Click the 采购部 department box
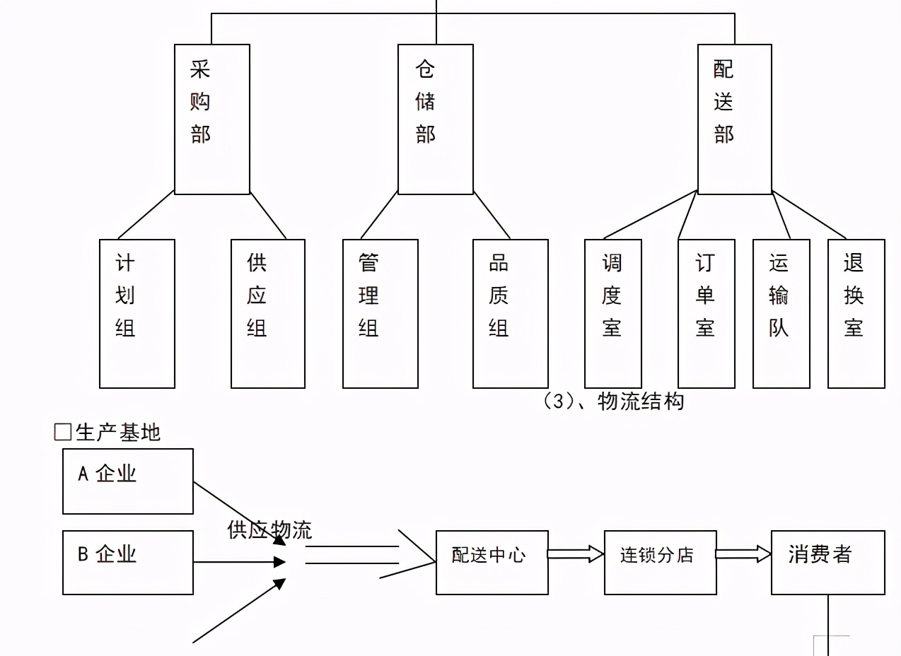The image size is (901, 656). (x=211, y=119)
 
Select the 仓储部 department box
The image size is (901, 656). (x=435, y=119)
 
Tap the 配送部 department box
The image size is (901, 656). (x=734, y=119)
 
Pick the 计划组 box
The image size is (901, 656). (x=136, y=313)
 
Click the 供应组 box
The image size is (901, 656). (x=267, y=313)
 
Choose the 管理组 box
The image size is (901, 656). (x=380, y=313)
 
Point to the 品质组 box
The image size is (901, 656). (x=510, y=313)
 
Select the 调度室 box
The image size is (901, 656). (x=612, y=313)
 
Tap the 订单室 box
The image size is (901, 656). (x=706, y=313)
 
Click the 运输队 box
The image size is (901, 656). (x=781, y=313)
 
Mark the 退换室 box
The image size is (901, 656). (x=856, y=313)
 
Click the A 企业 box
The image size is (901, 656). (x=128, y=481)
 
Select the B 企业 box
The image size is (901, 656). (x=128, y=562)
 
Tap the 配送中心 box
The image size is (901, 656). (x=492, y=562)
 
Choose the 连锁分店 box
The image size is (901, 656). (x=660, y=562)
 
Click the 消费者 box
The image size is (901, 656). (x=827, y=562)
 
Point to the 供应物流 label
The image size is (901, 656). (x=269, y=530)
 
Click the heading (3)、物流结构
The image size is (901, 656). (x=613, y=402)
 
